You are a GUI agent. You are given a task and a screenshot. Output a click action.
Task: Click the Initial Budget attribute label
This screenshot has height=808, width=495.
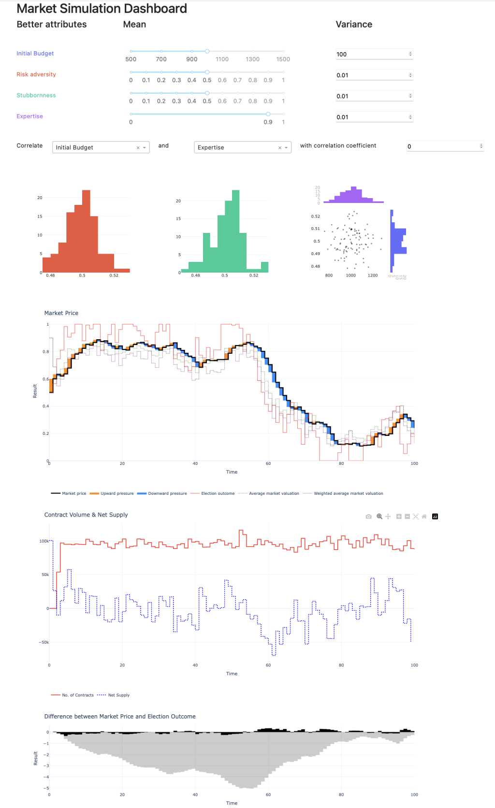pyautogui.click(x=35, y=54)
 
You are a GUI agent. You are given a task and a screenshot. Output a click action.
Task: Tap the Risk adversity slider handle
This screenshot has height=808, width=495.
pyautogui.click(x=207, y=72)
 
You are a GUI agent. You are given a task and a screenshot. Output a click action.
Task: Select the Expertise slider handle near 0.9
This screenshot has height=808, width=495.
pyautogui.click(x=268, y=114)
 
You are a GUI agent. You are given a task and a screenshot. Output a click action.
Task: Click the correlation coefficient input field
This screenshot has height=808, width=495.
pyautogui.click(x=442, y=146)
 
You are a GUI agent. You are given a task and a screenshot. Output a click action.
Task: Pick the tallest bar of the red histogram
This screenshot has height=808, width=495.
pyautogui.click(x=86, y=231)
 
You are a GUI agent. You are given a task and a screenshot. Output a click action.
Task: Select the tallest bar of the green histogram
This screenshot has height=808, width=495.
pyautogui.click(x=235, y=231)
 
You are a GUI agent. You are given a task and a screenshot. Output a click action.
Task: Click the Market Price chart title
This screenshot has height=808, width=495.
pyautogui.click(x=61, y=313)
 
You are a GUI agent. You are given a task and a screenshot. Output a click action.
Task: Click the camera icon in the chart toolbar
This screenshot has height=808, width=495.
pyautogui.click(x=369, y=517)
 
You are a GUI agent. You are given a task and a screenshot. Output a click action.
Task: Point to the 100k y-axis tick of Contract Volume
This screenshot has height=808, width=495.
pyautogui.click(x=44, y=541)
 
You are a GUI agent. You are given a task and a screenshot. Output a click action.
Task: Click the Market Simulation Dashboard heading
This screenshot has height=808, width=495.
pyautogui.click(x=102, y=9)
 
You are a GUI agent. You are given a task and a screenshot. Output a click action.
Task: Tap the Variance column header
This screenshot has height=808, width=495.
pyautogui.click(x=354, y=25)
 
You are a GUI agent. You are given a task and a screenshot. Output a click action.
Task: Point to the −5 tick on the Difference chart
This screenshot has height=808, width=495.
pyautogui.click(x=46, y=788)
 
